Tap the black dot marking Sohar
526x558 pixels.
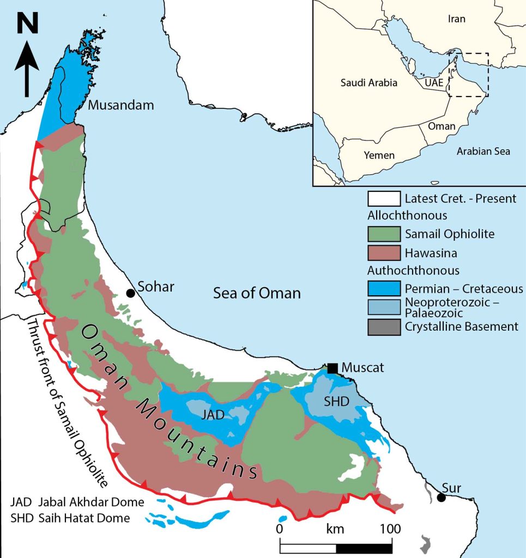(x=130, y=293)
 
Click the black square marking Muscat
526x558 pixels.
(x=332, y=368)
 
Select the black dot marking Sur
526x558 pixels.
(x=441, y=497)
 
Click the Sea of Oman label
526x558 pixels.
(x=257, y=293)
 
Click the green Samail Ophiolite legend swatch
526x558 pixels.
(x=384, y=234)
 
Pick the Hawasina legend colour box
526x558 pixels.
(x=384, y=252)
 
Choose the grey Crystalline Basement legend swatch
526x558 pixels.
(x=384, y=327)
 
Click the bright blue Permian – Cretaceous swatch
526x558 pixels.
(x=384, y=289)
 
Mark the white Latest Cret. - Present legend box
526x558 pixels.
(x=384, y=198)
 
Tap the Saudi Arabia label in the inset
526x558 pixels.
(x=368, y=83)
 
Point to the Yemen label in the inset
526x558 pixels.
(x=379, y=155)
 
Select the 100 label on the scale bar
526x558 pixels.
(x=390, y=529)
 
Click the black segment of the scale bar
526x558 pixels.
(x=364, y=548)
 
